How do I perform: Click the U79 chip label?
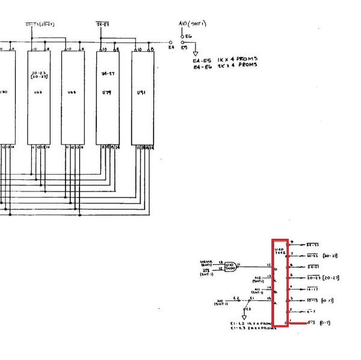tap(106, 93)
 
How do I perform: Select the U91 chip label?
tap(141, 93)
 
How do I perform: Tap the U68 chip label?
tap(72, 93)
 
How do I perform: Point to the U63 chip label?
tap(38, 93)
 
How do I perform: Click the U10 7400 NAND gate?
tap(230, 265)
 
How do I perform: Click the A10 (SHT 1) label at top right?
tap(192, 24)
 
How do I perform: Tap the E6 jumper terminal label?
tap(188, 36)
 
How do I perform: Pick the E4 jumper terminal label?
tap(171, 46)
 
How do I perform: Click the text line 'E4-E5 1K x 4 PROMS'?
tap(225, 60)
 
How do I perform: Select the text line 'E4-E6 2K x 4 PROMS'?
tap(225, 65)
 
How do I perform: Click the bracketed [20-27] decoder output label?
tap(330, 278)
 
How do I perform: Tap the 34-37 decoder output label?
tap(312, 245)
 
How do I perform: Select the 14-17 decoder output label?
tap(312, 289)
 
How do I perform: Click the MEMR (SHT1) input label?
tap(207, 262)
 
